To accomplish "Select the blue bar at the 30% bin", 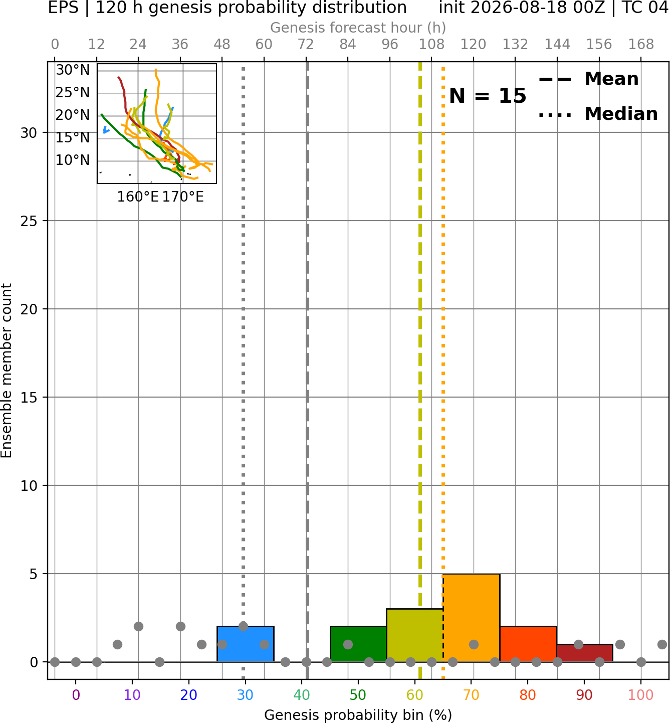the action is (x=245, y=644).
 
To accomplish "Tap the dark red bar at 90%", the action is (x=584, y=653).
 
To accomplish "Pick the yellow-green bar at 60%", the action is (x=415, y=635).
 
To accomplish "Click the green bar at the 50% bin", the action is (x=358, y=644).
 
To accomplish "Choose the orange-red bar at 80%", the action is (x=528, y=644).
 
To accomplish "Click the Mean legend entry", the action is (x=588, y=79).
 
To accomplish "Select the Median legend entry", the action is (x=598, y=114).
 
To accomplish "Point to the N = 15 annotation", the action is (x=488, y=96).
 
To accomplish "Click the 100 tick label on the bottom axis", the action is (x=641, y=695).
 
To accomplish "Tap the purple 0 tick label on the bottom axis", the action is (x=76, y=695).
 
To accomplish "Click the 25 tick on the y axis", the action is (x=29, y=221).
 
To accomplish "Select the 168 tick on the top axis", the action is (x=641, y=45).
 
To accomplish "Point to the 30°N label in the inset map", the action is (x=73, y=70).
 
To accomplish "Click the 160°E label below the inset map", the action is (x=138, y=197).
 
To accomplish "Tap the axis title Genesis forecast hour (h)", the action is (x=358, y=28).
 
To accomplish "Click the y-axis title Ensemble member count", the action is (x=7, y=371).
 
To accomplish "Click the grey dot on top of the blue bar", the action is (x=243, y=627).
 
